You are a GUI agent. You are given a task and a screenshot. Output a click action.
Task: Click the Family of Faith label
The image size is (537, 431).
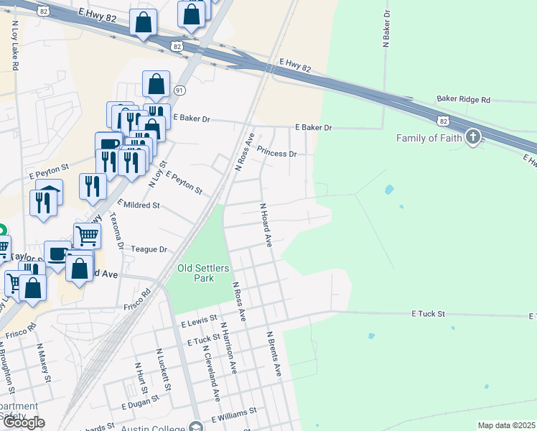tap(429, 138)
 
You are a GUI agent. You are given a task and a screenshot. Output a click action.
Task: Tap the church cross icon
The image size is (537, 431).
tap(472, 136)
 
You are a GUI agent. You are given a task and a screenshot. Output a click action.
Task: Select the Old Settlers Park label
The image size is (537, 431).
tap(204, 273)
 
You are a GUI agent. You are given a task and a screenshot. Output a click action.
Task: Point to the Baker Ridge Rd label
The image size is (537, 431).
tap(463, 100)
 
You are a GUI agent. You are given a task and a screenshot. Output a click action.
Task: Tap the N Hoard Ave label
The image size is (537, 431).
tap(265, 225)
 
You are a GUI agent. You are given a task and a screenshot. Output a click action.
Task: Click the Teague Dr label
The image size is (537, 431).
tap(149, 249)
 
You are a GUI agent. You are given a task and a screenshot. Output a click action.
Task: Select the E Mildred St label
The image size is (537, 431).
tap(138, 205)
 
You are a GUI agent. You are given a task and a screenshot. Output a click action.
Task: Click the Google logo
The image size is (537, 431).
tap(24, 423)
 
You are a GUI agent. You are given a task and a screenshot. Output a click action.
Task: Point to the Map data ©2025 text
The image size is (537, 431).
tap(506, 425)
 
